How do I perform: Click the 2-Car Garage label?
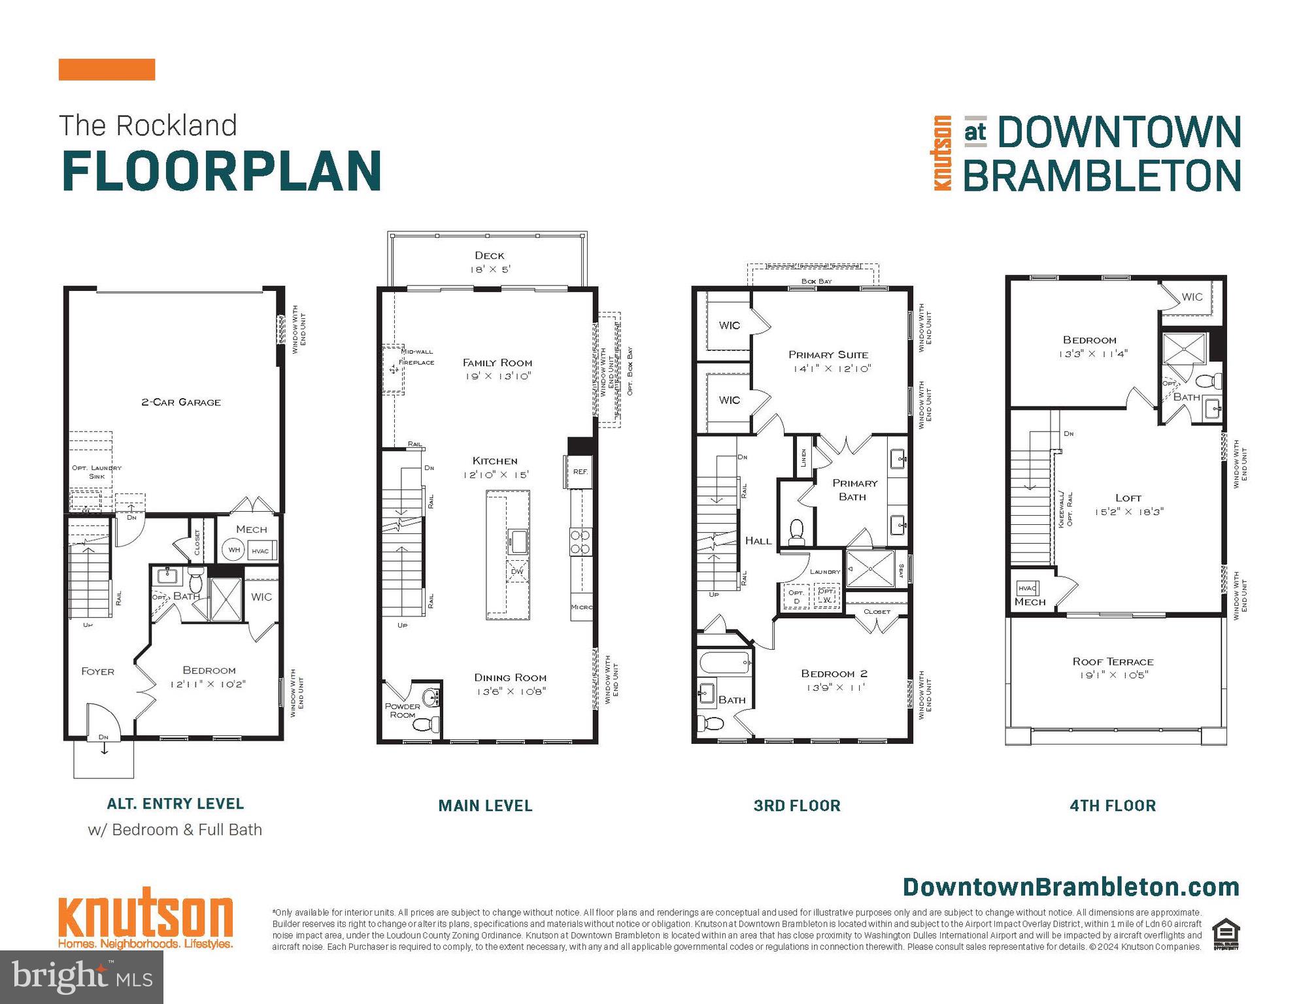[x=181, y=402]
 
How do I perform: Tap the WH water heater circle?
[x=234, y=550]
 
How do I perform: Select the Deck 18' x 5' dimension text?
[x=490, y=269]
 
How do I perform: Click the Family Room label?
[x=498, y=363]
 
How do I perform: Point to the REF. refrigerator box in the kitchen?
[x=580, y=471]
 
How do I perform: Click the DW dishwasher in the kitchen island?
[x=516, y=571]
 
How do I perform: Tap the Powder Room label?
[x=403, y=711]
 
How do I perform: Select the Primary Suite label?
[x=828, y=355]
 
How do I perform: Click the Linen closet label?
[x=803, y=458]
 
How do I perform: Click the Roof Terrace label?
[x=1113, y=661]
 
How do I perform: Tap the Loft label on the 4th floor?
[x=1128, y=498]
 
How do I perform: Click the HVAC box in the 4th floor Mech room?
[x=1027, y=588]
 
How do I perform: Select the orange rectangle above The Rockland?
[x=107, y=69]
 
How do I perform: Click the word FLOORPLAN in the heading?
[x=222, y=171]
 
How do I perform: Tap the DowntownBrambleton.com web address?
[x=1071, y=887]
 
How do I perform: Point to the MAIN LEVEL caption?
[x=485, y=806]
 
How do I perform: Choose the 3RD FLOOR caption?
[x=797, y=806]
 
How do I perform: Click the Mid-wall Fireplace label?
[x=416, y=357]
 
